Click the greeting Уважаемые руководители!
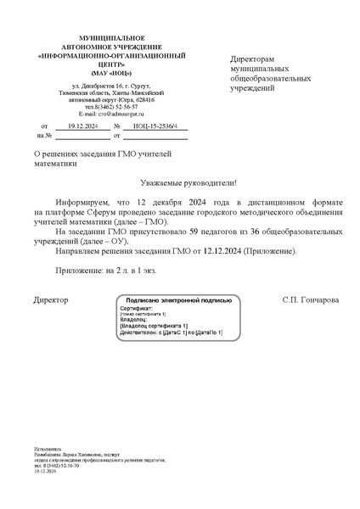pos(187,183)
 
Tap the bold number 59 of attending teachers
pos(193,232)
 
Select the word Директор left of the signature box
pos(51,301)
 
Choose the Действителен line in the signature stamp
pos(171,332)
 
